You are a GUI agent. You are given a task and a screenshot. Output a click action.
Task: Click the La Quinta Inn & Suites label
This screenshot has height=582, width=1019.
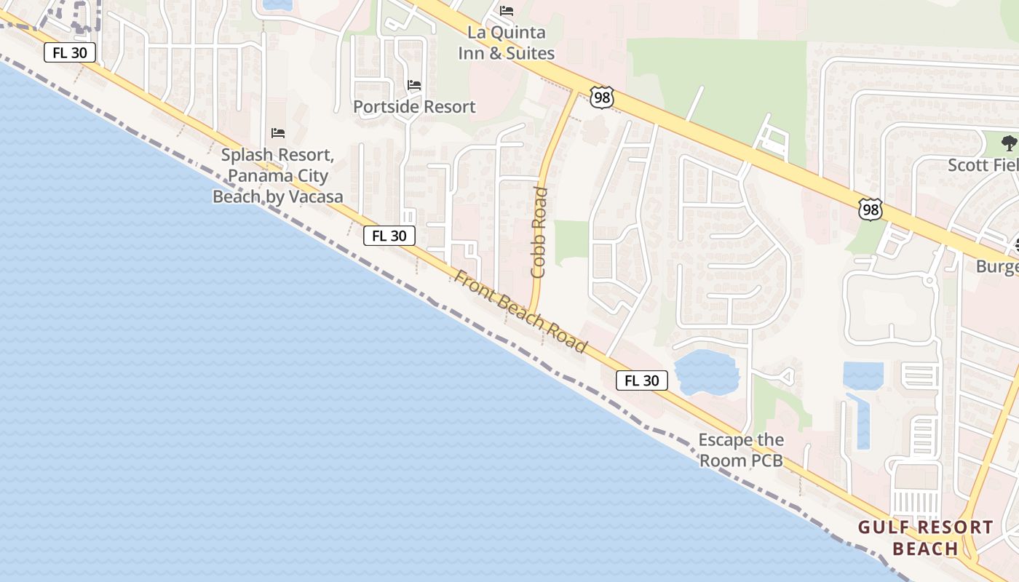pos(506,43)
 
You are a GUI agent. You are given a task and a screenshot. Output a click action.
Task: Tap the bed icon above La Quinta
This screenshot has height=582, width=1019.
pos(507,11)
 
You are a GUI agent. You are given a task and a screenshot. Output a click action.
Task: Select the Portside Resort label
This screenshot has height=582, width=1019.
pos(414,106)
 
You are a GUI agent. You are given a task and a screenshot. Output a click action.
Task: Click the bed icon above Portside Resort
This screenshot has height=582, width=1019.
pos(414,85)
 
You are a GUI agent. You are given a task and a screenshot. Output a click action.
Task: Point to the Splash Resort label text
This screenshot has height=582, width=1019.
pos(277,175)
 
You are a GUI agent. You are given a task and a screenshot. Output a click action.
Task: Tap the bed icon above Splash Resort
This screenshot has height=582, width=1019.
pos(277,132)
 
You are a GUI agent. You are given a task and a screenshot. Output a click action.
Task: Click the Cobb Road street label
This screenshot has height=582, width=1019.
pos(539,233)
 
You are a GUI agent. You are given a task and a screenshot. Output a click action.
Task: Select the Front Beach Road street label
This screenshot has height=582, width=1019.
pos(520,311)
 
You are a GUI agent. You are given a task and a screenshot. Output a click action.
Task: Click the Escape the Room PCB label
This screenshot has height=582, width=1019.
pos(741,450)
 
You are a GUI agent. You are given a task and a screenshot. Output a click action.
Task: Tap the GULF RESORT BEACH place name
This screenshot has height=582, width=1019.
pos(925,538)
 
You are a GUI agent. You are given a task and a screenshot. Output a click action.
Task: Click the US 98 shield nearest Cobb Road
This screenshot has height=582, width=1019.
pos(602,97)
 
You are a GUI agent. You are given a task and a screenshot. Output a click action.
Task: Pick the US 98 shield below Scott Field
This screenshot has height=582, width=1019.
pos(871,210)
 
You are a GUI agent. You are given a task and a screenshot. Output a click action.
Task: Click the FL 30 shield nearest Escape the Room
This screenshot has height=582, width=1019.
pos(642,380)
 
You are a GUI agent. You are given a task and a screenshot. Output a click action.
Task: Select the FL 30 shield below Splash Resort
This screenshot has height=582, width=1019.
pos(389,236)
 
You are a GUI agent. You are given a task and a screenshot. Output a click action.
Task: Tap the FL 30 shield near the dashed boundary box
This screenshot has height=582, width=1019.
pos(70,53)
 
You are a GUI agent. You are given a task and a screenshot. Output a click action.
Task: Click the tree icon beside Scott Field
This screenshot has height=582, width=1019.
pos(1009,143)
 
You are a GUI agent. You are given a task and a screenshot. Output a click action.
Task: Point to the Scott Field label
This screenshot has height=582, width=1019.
pos(983,165)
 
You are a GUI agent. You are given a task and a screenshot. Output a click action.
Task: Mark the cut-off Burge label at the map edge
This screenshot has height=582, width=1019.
pos(997,266)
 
